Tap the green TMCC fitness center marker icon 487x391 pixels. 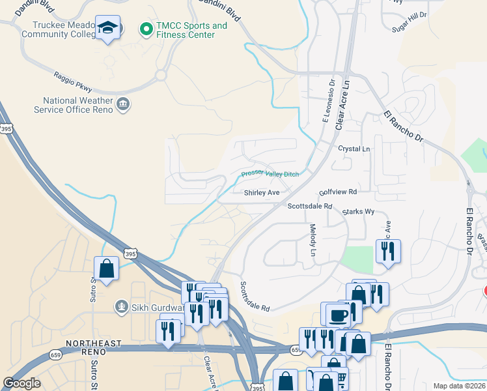click(x=145, y=29)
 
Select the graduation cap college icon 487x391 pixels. click(x=107, y=28)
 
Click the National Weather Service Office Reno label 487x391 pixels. click(x=78, y=105)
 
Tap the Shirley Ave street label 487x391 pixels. click(x=262, y=193)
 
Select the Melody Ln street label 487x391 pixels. click(x=313, y=240)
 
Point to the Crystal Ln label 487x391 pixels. click(x=354, y=149)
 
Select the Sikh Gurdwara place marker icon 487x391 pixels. click(x=120, y=306)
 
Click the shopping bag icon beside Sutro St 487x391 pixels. click(x=106, y=268)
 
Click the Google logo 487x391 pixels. click(x=22, y=383)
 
